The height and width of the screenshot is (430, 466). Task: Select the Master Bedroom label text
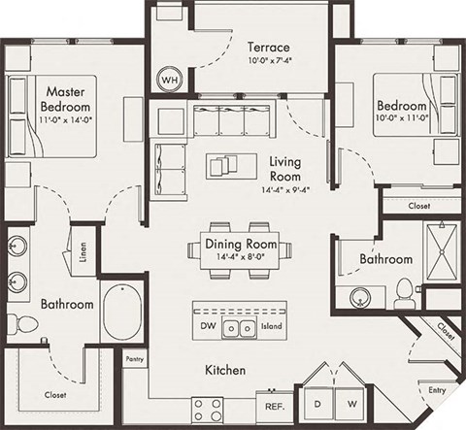[x=66, y=98]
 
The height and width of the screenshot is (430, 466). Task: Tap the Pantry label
[x=135, y=359]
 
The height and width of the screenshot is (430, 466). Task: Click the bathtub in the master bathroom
[x=122, y=312]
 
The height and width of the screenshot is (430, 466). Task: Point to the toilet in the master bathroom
[x=16, y=321]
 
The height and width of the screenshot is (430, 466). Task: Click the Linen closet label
[x=85, y=252]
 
